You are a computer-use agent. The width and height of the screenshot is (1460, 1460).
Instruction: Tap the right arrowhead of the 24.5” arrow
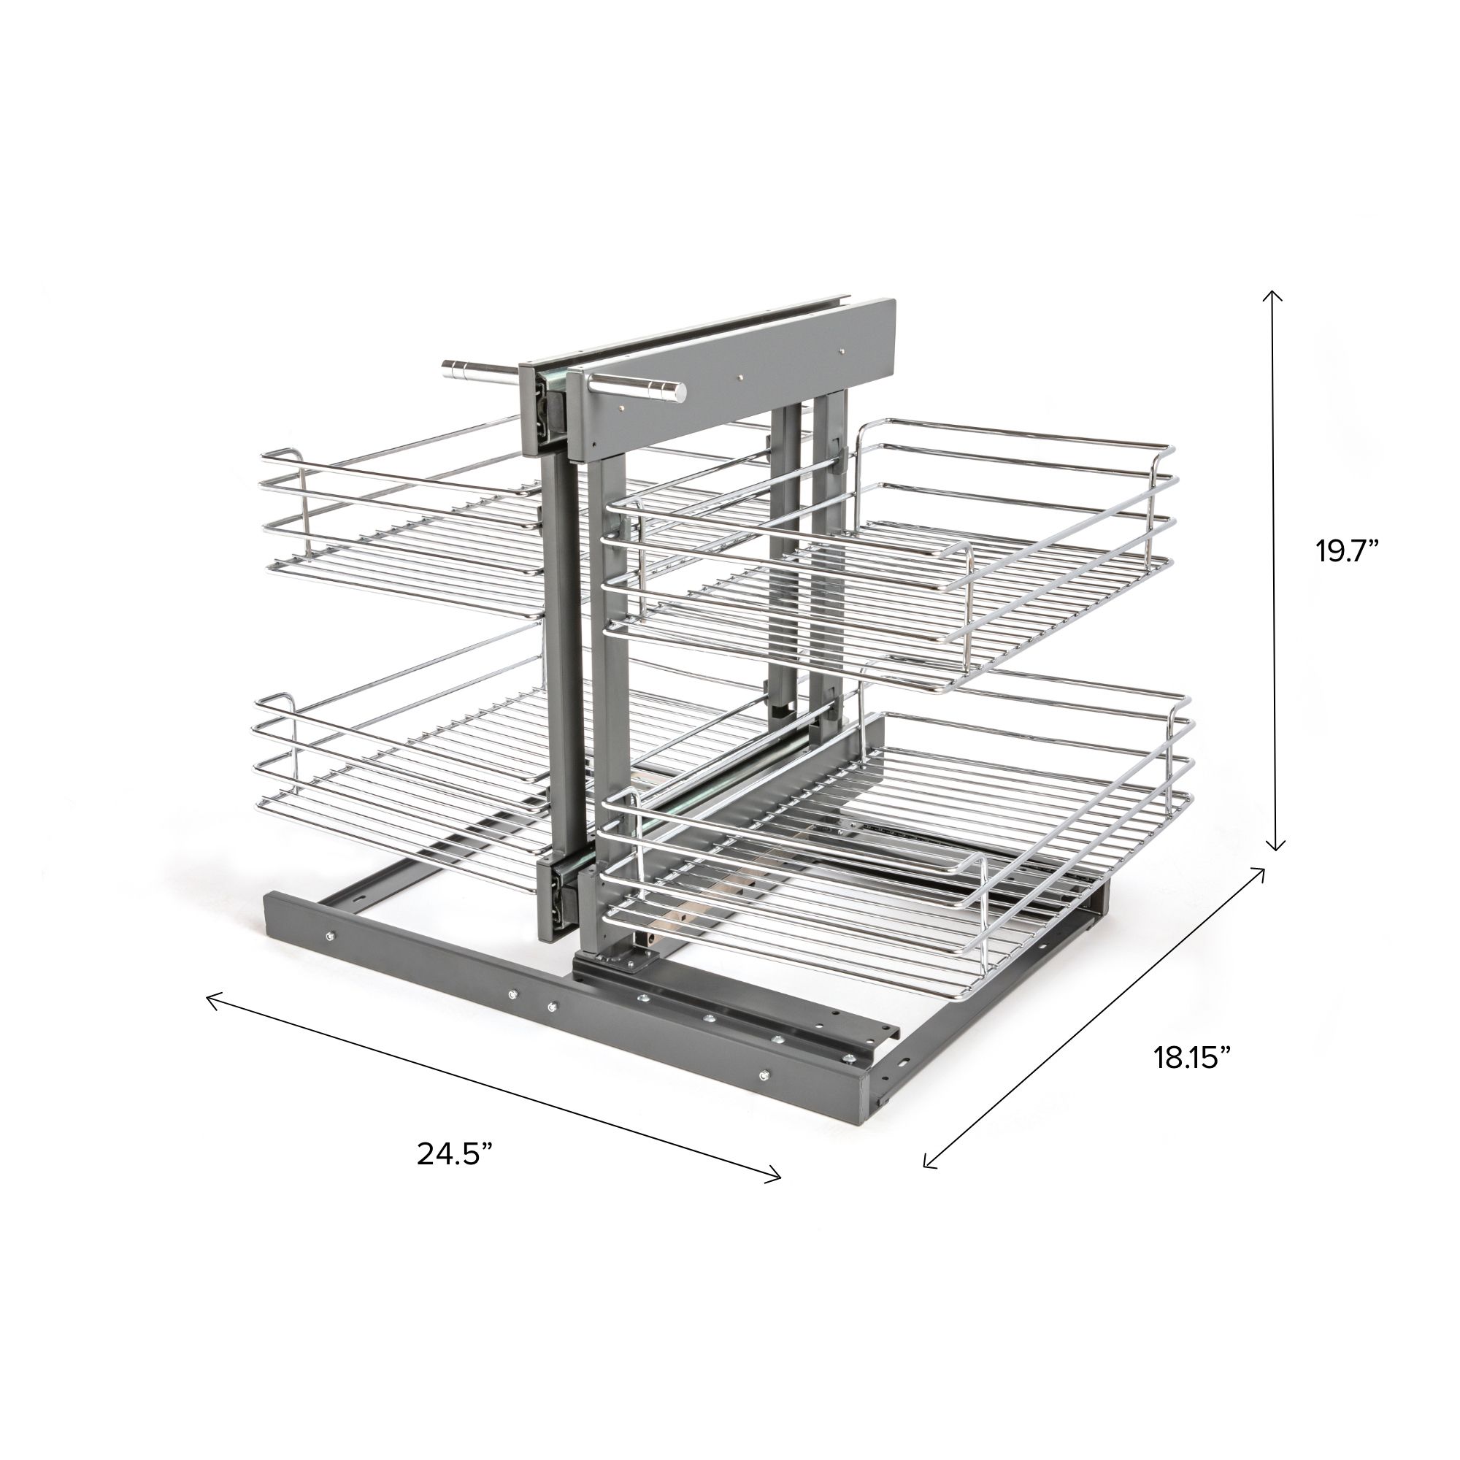[x=773, y=1195]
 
